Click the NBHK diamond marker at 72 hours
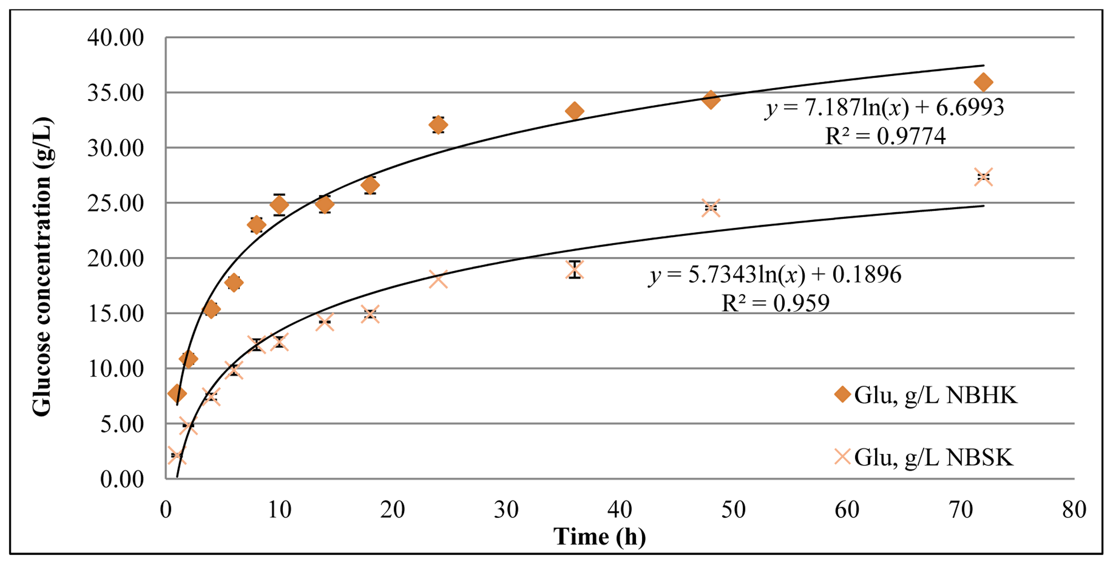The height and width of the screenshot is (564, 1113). (983, 82)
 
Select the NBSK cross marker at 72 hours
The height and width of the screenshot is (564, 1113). (983, 177)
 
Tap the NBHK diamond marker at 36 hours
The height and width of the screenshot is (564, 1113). (575, 111)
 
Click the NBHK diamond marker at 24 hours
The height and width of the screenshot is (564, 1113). (438, 125)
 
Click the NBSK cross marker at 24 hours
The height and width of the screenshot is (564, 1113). (438, 279)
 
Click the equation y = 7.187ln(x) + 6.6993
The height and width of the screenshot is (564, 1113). (884, 107)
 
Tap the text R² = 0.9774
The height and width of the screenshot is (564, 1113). (885, 136)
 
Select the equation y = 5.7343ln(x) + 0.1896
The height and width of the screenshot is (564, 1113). (775, 275)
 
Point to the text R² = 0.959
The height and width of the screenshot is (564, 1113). (775, 303)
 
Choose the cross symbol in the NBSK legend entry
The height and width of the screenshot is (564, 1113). (842, 457)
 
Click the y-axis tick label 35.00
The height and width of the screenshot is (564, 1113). (115, 93)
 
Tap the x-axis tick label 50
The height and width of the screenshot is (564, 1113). (733, 510)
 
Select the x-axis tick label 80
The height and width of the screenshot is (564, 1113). (1074, 510)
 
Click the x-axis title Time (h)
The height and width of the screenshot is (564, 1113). (600, 537)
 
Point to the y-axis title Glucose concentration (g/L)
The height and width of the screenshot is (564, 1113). (42, 266)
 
